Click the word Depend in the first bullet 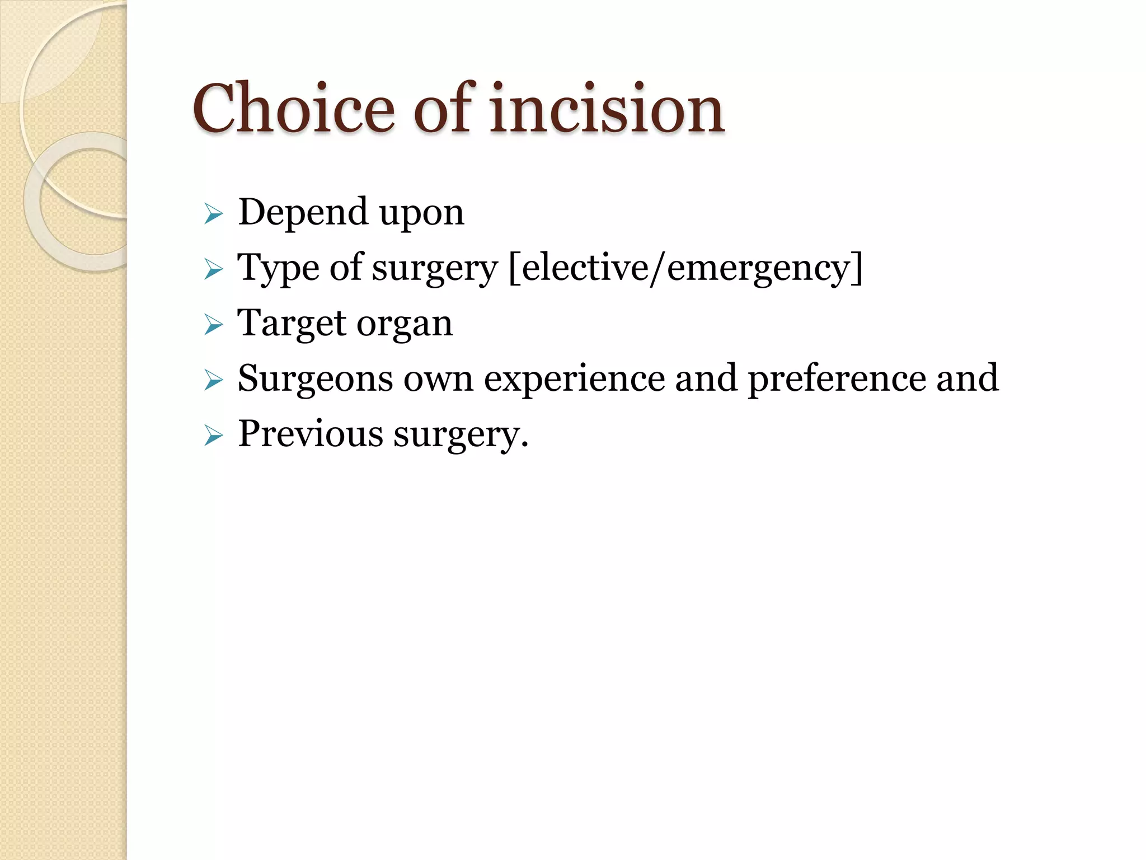[303, 212]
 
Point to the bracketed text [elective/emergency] [686, 268]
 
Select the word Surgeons [315, 378]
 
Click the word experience [574, 378]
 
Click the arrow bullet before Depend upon [214, 214]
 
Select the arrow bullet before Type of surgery [214, 269]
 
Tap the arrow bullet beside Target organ [214, 325]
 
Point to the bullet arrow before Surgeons [214, 380]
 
